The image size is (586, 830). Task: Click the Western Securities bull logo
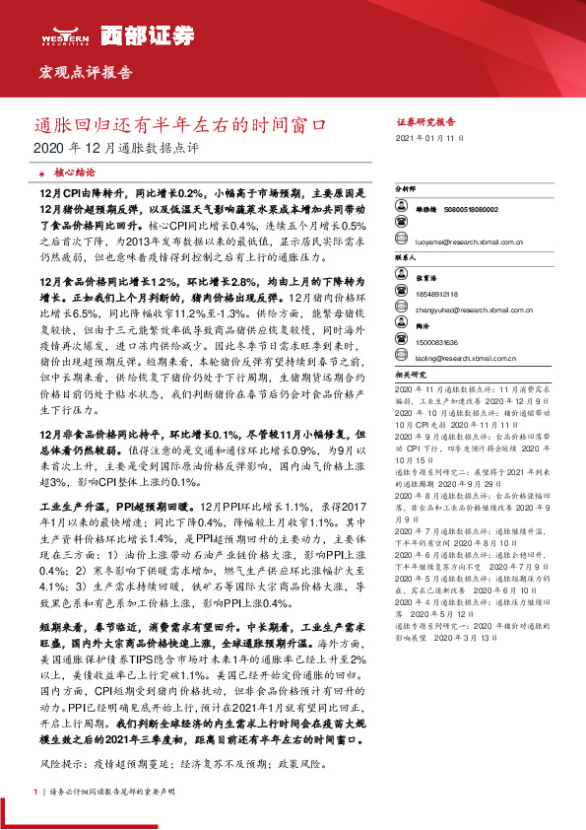(x=66, y=35)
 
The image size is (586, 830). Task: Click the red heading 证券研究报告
(x=426, y=121)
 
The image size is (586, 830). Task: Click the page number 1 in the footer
(x=35, y=792)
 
